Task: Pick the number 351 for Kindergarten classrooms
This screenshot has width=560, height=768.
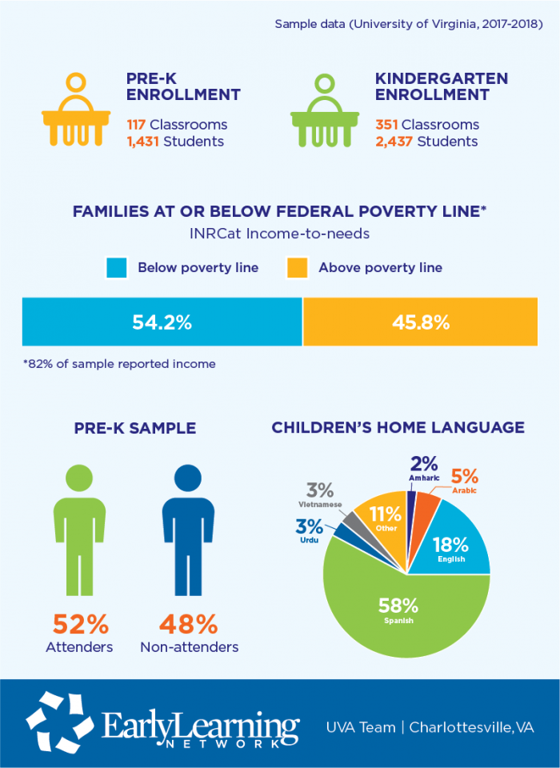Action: pyautogui.click(x=388, y=125)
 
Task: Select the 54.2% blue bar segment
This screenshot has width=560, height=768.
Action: pyautogui.click(x=162, y=322)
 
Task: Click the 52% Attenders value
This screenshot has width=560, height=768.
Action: pyautogui.click(x=80, y=623)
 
